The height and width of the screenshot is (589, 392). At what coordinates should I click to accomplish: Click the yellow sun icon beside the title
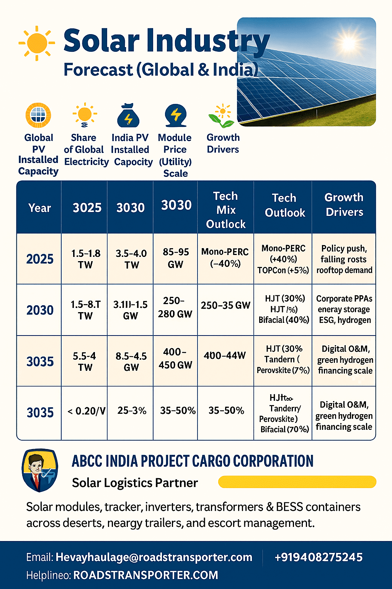37,43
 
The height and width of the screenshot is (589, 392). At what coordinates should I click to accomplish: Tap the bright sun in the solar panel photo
349,43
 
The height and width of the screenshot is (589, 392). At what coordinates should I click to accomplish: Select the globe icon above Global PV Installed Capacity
38,115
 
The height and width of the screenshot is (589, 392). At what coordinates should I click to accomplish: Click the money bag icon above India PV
129,115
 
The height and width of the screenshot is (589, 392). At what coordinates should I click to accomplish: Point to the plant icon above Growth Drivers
222,116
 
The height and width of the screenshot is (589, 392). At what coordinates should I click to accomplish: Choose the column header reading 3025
87,208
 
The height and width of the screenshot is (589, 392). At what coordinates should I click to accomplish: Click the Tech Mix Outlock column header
225,210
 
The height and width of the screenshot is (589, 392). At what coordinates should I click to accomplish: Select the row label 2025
40,259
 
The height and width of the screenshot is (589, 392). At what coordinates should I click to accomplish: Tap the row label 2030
40,310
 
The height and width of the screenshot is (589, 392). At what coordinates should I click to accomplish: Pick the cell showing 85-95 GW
176,258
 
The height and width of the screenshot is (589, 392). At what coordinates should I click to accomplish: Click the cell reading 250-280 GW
175,308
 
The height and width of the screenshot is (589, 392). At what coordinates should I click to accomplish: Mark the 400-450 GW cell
175,359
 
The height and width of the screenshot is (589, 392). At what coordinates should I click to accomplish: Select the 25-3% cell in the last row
132,411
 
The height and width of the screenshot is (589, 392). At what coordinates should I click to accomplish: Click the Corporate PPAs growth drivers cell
344,309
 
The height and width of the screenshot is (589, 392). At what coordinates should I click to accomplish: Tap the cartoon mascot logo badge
39,470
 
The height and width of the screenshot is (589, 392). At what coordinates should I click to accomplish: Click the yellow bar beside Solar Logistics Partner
297,482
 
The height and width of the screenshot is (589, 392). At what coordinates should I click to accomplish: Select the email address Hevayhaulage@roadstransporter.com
154,557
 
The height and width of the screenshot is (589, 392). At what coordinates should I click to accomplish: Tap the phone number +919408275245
318,557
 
